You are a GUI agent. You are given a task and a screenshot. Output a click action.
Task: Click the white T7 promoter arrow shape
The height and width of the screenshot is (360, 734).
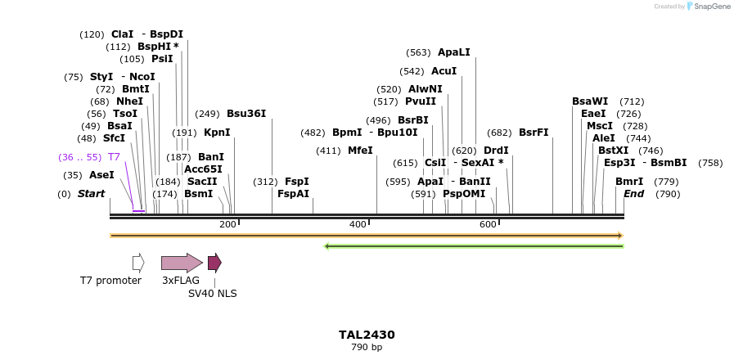click(138, 263)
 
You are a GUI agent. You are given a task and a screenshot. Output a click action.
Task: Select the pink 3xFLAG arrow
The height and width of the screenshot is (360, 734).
click(181, 263)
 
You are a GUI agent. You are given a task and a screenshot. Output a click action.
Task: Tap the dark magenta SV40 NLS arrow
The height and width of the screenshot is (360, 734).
click(214, 263)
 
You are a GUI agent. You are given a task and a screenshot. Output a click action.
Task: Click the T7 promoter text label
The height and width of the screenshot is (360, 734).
click(110, 281)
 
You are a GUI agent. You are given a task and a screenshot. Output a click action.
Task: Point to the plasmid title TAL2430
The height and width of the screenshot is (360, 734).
click(367, 335)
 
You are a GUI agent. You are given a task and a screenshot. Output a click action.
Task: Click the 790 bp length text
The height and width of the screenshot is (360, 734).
click(367, 348)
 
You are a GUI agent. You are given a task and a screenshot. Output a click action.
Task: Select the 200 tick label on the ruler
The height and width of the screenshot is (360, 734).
click(227, 224)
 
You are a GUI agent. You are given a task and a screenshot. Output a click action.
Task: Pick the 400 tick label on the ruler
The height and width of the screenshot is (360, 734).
click(358, 224)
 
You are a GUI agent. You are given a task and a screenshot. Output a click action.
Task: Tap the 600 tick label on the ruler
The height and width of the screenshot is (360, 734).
click(488, 224)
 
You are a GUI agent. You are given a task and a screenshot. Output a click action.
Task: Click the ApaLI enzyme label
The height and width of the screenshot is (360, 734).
click(454, 52)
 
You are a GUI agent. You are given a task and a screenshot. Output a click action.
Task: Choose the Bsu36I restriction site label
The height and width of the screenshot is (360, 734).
click(246, 114)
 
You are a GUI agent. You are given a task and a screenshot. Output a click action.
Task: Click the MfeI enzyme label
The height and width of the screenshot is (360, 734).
click(360, 151)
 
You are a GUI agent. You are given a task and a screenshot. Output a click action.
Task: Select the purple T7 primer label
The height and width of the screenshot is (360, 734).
click(114, 156)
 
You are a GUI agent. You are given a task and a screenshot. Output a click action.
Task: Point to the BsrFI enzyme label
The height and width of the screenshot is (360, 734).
click(534, 133)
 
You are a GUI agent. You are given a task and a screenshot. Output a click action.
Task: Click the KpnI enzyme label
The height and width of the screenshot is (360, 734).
click(217, 133)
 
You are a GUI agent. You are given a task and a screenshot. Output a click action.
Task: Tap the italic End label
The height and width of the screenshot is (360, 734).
click(633, 194)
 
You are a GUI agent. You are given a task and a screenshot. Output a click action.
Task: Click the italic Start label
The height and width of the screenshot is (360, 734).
click(91, 194)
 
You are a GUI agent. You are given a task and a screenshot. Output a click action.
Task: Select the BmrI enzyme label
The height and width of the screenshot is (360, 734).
click(629, 182)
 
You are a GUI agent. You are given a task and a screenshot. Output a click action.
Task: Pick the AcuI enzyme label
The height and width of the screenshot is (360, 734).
click(444, 71)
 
